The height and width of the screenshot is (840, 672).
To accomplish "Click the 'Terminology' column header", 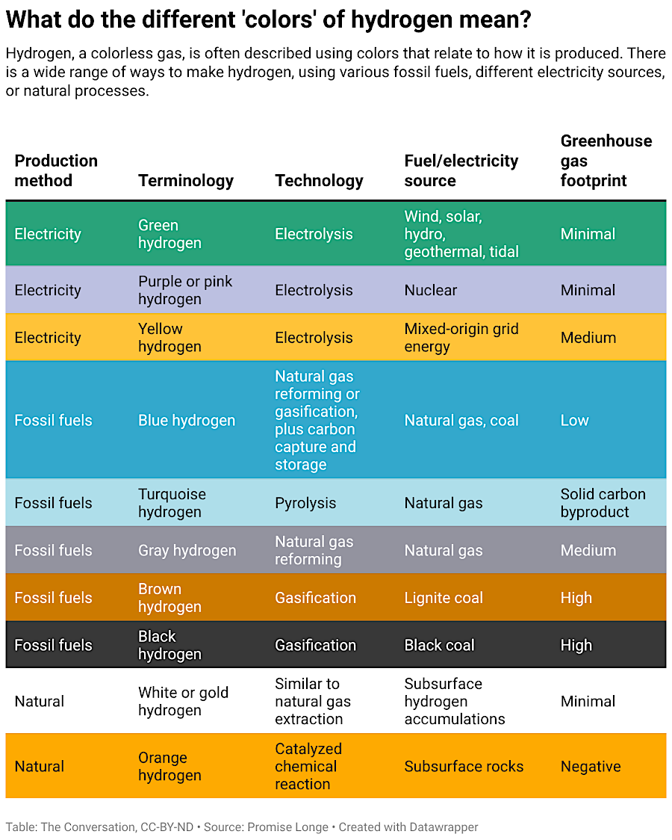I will coord(185,181).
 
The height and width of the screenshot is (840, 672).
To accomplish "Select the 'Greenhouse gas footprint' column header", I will coord(606,161).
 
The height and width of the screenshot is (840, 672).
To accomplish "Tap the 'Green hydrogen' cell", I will coord(169,234).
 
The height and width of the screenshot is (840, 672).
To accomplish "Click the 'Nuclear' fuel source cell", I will coord(430,290).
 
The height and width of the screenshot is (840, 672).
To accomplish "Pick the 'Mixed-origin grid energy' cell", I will coord(461,338).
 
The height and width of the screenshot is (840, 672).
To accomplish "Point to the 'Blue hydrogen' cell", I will coord(186,420).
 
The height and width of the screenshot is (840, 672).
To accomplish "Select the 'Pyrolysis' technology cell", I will coord(305,503).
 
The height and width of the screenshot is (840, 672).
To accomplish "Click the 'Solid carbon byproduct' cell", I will coord(603,503).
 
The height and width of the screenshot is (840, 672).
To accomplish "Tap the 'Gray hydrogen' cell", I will coord(187,550).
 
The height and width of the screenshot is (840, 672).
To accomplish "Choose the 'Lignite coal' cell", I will coord(444,598).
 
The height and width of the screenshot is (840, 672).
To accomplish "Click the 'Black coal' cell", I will coord(439,645).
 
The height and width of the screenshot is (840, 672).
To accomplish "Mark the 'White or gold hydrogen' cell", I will coord(183,701).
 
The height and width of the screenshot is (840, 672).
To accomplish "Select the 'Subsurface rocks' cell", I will coord(464,766).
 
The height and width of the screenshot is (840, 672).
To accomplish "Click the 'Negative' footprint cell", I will coord(590,766).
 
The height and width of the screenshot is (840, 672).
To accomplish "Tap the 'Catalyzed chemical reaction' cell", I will coord(308,766).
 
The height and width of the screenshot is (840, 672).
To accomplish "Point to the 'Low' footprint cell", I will coord(574,420).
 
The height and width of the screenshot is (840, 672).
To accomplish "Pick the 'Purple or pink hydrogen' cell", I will coord(185,290).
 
